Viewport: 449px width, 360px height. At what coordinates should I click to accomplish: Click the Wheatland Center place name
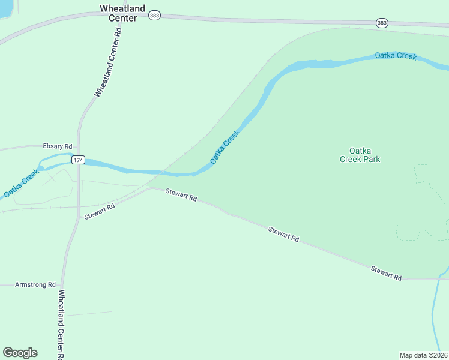click(122, 13)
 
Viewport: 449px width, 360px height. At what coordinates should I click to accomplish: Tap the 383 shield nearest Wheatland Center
click(155, 16)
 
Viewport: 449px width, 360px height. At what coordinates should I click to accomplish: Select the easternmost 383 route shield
click(382, 22)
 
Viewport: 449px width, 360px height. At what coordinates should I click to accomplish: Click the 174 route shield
click(78, 160)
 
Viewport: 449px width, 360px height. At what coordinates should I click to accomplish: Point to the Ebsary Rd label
click(57, 146)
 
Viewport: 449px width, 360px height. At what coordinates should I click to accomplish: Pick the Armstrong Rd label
click(35, 284)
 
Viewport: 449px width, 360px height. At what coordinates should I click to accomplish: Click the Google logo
click(20, 353)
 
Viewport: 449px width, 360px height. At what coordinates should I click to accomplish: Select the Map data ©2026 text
click(424, 355)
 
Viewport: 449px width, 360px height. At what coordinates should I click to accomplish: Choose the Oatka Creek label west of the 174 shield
click(21, 184)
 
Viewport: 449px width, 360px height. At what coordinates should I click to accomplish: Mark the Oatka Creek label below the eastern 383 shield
click(396, 56)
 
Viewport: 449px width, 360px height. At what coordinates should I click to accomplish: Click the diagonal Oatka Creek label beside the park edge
click(224, 148)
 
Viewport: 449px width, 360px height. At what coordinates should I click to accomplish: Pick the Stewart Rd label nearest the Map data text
click(386, 272)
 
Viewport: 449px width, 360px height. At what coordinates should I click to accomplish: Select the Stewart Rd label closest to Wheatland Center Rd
click(99, 212)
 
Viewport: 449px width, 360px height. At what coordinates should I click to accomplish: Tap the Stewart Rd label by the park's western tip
click(181, 194)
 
